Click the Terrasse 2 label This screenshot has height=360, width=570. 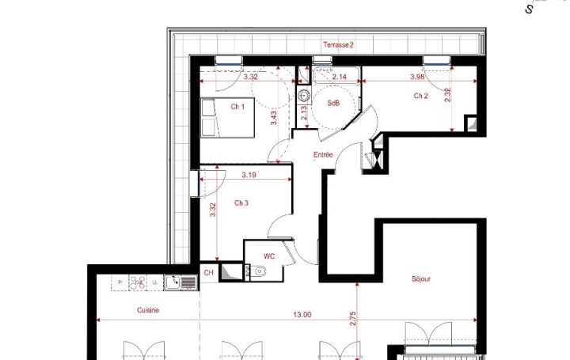click(338, 45)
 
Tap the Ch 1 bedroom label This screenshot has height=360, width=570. click(237, 106)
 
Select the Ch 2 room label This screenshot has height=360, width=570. click(420, 96)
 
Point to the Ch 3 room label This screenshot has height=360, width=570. click(241, 203)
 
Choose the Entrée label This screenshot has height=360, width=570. click(323, 155)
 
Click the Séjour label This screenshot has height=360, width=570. click(420, 279)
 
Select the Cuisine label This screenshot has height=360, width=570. click(147, 310)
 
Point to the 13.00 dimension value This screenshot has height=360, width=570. click(302, 314)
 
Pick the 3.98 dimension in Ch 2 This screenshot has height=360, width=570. click(418, 77)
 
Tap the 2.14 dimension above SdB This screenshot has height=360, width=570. click(340, 77)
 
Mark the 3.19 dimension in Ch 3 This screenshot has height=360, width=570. click(249, 175)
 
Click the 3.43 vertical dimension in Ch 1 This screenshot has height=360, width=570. click(274, 118)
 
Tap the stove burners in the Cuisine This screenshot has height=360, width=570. click(138, 281)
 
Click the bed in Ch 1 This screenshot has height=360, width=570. click(226, 118)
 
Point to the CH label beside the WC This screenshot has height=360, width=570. click(208, 273)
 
